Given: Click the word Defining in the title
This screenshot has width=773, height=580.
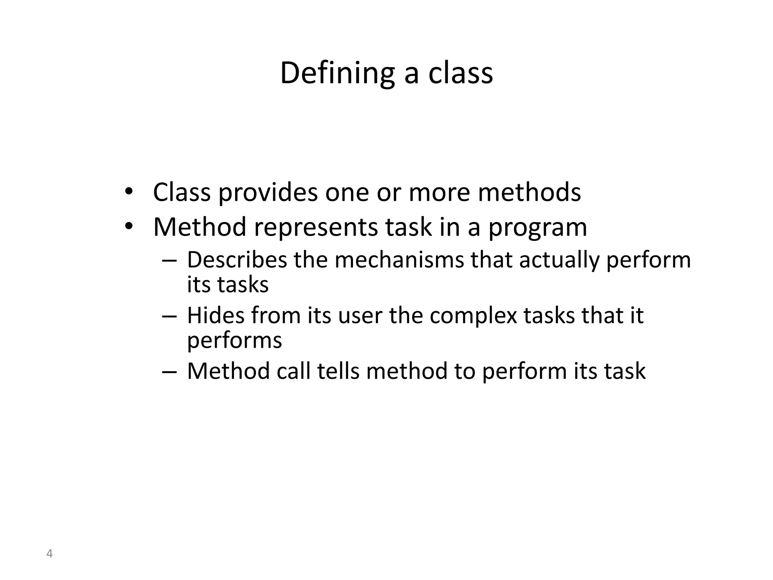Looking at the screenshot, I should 337,74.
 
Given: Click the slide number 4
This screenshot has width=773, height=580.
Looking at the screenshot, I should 49,554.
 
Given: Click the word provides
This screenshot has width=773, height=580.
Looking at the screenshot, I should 268,193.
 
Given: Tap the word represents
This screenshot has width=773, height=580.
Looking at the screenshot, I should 316,227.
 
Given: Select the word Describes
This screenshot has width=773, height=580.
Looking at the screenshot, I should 237,260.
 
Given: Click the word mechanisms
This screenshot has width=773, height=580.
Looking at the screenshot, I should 399,260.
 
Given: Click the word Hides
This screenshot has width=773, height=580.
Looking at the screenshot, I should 216,315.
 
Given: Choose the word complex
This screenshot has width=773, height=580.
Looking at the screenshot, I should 473,316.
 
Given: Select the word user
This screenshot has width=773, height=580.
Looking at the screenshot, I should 360,316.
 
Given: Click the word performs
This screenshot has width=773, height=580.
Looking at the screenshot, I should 234,341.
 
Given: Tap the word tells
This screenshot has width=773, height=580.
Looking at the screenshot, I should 338,371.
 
